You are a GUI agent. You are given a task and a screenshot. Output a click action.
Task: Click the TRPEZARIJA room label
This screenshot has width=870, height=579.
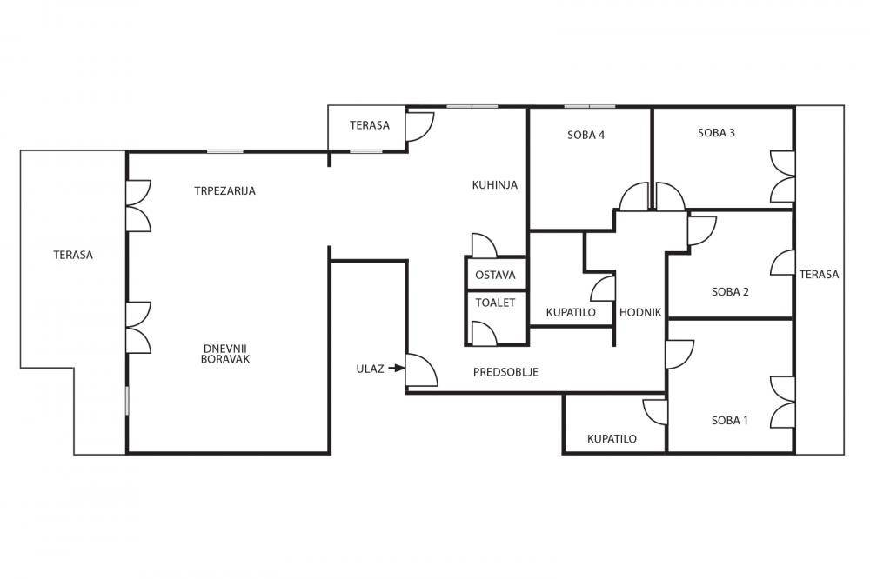click(x=224, y=190)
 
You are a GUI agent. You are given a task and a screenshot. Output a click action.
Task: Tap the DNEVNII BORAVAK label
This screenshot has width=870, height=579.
click(x=225, y=353)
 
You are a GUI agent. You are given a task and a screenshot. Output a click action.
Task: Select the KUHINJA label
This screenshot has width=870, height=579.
click(x=495, y=184)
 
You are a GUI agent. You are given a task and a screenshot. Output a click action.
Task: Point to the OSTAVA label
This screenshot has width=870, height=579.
click(x=496, y=275)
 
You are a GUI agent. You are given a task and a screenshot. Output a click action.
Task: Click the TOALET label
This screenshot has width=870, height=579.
click(x=496, y=303)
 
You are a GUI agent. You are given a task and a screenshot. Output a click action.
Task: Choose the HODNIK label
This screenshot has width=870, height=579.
click(x=640, y=312)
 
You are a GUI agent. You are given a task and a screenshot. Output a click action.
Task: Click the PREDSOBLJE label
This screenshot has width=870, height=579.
click(x=506, y=372)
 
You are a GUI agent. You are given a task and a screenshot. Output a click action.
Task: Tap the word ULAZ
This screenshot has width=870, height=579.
click(x=370, y=369)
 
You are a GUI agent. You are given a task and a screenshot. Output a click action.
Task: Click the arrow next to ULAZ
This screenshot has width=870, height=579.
click(x=396, y=368)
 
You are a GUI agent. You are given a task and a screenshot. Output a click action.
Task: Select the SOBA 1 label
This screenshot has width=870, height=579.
click(x=730, y=421)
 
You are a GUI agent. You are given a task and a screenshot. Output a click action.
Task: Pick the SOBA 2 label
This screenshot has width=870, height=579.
click(x=730, y=292)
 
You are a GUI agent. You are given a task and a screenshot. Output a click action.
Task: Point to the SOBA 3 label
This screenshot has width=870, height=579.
click(x=716, y=132)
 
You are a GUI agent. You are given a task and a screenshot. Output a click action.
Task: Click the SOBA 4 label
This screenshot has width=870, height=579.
click(x=586, y=135)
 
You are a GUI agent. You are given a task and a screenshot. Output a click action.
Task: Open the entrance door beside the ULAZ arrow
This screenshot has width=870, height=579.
click(x=422, y=370)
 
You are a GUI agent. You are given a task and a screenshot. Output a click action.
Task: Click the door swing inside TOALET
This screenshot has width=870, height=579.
click(x=484, y=333)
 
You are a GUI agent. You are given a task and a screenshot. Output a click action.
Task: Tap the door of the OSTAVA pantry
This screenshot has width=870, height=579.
click(x=484, y=246)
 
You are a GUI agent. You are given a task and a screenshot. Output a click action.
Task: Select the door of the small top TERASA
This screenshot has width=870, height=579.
click(x=419, y=127)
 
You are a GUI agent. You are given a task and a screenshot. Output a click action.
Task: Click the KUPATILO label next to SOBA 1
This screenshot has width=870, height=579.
click(x=612, y=439)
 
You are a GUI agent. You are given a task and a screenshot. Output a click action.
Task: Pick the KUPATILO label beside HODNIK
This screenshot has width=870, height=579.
click(x=571, y=312)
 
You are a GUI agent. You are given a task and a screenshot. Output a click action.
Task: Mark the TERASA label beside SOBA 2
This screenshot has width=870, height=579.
click(x=819, y=274)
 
